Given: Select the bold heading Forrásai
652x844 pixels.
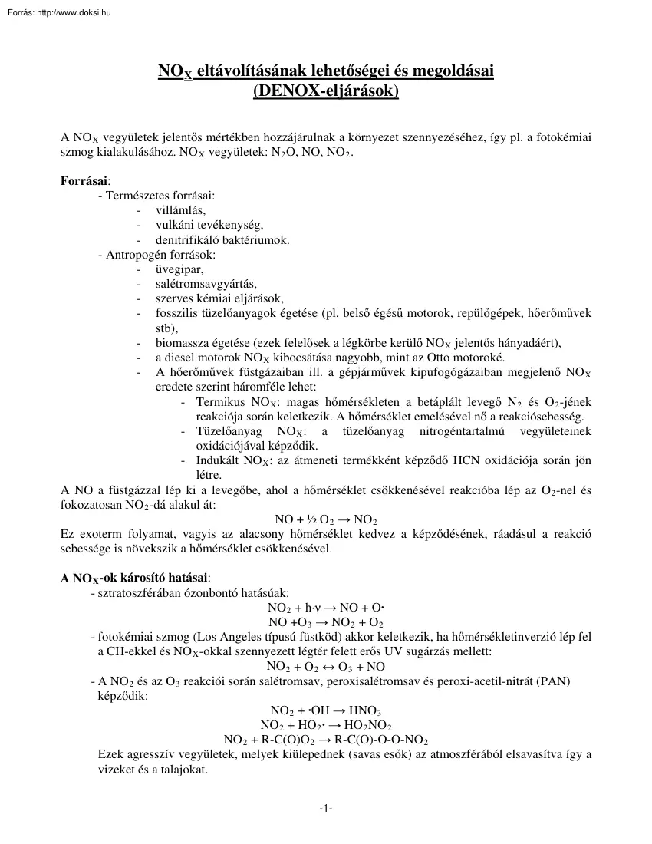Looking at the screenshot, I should point(84,181).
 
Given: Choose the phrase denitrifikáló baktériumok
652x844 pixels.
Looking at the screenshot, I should point(222,240).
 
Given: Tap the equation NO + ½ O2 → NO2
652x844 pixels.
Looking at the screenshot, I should point(325,519).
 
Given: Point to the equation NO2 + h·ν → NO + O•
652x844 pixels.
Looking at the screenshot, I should point(325,608).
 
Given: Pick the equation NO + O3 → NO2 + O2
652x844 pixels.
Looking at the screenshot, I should point(325,622).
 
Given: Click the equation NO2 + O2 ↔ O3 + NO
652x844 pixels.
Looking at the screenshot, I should point(325,666).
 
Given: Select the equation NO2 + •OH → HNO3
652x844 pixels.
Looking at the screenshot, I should point(325,710).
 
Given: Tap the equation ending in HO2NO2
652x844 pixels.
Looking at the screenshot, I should point(325,725).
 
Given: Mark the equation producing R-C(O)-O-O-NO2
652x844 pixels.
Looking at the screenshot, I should point(325,740).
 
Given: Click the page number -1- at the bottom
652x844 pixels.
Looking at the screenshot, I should point(325,808).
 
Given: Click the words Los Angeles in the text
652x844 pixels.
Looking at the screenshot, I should point(234,637).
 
